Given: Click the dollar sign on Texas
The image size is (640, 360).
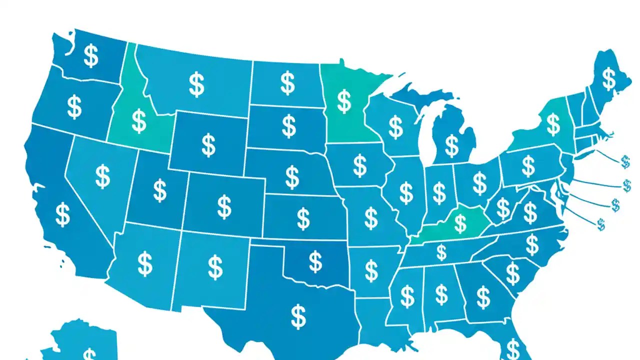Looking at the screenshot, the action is tap(298, 316).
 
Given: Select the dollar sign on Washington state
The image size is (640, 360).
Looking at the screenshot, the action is tap(90, 55).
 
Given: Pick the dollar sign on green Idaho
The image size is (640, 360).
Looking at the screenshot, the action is tap(138, 120).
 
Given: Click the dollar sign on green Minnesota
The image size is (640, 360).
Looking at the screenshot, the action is tap(344, 101).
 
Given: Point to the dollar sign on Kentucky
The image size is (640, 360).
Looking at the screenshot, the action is tap(459, 222).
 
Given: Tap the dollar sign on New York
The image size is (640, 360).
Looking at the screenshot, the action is tap(553, 124).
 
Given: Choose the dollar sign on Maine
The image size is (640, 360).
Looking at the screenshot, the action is tap(608, 78).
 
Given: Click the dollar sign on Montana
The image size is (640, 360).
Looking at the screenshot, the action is tap(197, 84).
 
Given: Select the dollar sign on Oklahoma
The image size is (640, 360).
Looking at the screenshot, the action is tap(315, 261).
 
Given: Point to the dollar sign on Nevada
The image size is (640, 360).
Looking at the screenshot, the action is tap(102, 176).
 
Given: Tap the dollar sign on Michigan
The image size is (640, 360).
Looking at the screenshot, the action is tap(451, 145).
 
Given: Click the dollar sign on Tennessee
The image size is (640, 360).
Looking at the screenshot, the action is tap(441, 252).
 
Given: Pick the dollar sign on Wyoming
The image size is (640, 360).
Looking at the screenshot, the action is tap(208, 144).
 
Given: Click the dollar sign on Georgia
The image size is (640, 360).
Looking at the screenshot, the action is tap(483, 297).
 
